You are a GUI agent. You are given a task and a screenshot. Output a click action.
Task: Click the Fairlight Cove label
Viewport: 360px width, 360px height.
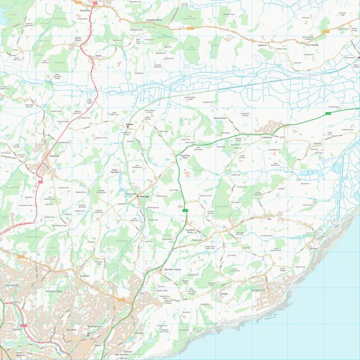262,290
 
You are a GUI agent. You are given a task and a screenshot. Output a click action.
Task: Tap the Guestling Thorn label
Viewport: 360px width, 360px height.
185,157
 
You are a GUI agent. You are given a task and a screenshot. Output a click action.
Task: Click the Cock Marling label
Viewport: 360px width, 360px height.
312,44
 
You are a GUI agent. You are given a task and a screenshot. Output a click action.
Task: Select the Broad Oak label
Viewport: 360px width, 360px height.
85,10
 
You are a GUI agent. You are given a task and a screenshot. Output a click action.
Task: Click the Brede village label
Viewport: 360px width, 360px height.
98,56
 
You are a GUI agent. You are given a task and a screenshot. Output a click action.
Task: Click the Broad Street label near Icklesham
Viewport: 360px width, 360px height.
220,119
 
